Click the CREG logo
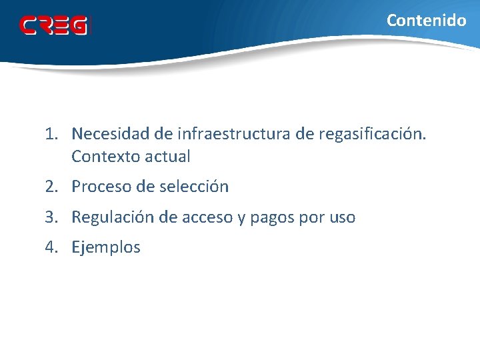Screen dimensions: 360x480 point(53,26)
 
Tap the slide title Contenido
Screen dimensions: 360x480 point(427,21)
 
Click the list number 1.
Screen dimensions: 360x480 point(52,135)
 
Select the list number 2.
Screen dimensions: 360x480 point(52,187)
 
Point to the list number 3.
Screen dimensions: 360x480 point(52,217)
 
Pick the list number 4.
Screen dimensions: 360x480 point(52,247)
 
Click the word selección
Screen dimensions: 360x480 point(194,187)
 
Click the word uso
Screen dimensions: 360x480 point(340,217)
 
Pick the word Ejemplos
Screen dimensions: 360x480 point(106,248)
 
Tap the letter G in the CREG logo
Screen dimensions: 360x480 point(79,26)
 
